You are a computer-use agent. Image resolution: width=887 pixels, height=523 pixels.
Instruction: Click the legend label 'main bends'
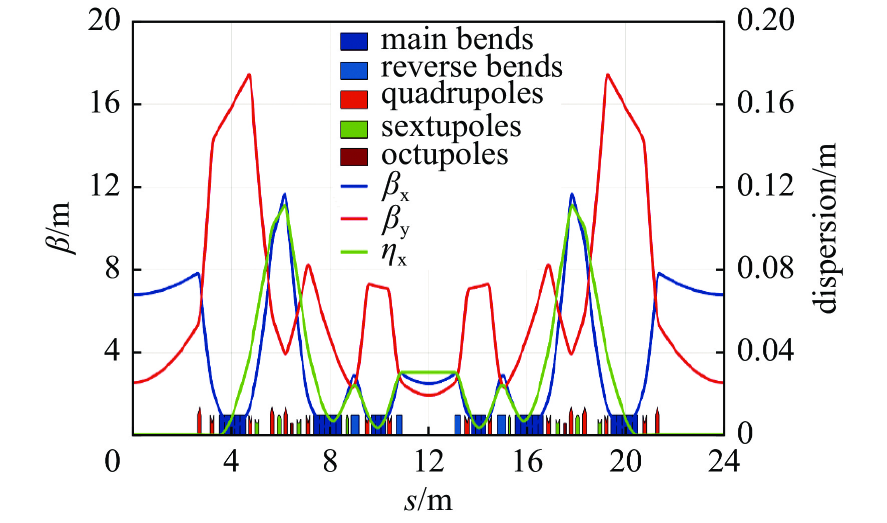click(x=457, y=39)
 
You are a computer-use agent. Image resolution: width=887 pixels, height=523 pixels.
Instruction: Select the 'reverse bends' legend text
click(x=472, y=67)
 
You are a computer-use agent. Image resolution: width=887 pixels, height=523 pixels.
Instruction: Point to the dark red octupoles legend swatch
click(x=354, y=156)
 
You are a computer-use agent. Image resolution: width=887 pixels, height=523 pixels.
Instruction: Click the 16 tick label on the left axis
click(x=105, y=104)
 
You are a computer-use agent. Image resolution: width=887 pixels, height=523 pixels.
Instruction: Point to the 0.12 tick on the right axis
click(x=765, y=186)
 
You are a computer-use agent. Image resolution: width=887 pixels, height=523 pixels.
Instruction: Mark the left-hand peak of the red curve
click(x=249, y=74)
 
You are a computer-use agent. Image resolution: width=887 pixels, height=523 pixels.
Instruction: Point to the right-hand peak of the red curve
click(x=608, y=74)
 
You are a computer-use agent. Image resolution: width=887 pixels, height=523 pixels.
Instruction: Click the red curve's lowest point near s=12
click(x=429, y=395)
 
